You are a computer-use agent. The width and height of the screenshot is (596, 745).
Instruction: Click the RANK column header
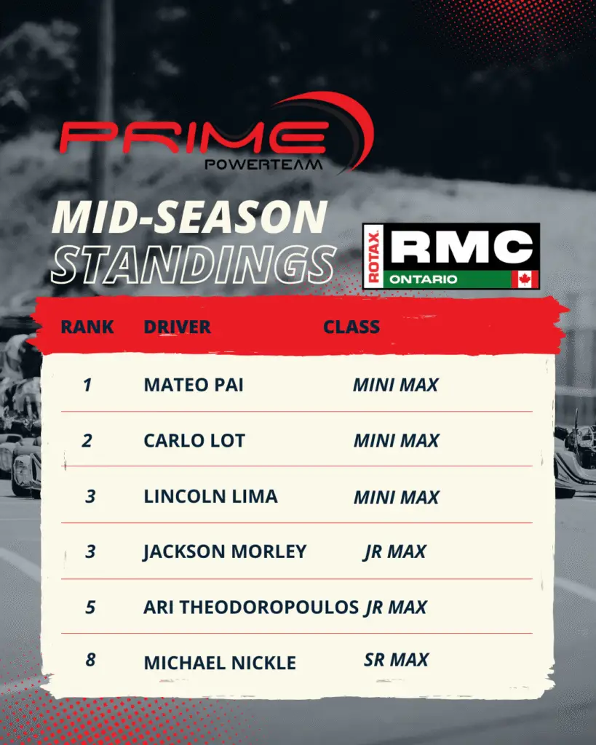[87, 327]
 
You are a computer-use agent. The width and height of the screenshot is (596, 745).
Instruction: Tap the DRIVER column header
[178, 327]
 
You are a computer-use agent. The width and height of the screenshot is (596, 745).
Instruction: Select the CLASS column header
[351, 327]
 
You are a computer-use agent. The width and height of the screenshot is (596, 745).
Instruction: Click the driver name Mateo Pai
[194, 385]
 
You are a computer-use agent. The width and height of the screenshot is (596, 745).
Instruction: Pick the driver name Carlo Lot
[194, 440]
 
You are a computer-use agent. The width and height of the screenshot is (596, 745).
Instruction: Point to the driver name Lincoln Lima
[210, 496]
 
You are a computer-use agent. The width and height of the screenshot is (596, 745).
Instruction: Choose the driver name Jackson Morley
[225, 552]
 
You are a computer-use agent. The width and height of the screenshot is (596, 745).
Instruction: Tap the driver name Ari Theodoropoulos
[251, 607]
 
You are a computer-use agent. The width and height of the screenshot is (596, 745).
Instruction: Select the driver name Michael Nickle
[220, 663]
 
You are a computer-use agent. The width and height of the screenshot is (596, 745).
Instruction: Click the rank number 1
[87, 385]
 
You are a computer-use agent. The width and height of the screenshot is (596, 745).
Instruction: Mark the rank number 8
[90, 659]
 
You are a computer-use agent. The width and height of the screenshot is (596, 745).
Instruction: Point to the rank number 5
[90, 607]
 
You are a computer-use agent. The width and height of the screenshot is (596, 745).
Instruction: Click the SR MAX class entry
[397, 659]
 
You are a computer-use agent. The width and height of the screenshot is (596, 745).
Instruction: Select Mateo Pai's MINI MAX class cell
[395, 385]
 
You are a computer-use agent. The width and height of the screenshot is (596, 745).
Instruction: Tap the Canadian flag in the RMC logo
[525, 279]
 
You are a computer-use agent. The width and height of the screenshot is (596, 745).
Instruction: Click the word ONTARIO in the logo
[424, 279]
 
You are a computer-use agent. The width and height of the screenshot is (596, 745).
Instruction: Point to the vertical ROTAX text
[373, 257]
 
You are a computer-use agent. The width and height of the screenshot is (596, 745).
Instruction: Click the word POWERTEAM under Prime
[263, 165]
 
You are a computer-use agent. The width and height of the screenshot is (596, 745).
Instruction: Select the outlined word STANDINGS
[194, 264]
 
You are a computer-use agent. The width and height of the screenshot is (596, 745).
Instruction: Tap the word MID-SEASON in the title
[190, 217]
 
